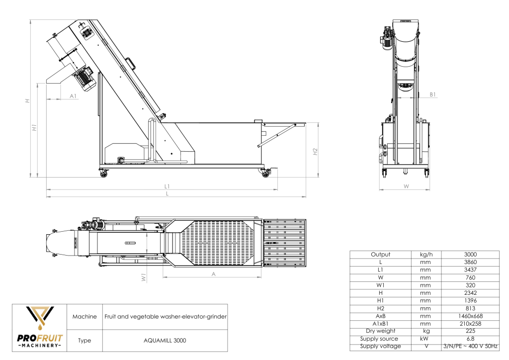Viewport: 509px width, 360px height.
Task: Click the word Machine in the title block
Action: [84, 317]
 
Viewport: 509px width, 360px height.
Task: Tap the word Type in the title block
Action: [84, 341]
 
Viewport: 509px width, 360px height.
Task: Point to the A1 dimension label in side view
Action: [73, 95]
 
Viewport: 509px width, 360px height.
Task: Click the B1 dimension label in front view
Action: [432, 94]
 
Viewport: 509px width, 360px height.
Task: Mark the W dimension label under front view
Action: [406, 186]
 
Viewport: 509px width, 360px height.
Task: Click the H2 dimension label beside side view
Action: [315, 152]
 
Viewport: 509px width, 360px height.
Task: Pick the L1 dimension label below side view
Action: [168, 186]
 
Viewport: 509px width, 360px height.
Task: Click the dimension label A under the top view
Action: [213, 274]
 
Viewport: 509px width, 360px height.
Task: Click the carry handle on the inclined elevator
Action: [131, 63]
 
